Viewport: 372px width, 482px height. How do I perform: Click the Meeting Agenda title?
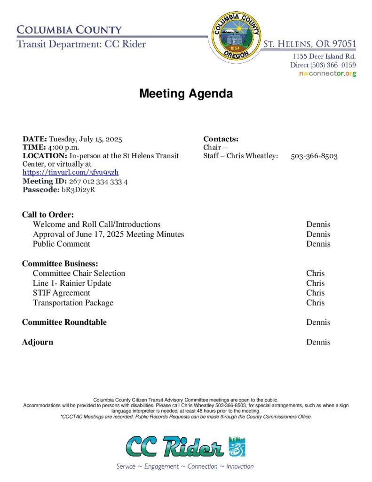[x=186, y=94]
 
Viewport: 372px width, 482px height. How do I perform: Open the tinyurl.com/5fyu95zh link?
[x=67, y=172]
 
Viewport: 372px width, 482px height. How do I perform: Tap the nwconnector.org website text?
[x=327, y=74]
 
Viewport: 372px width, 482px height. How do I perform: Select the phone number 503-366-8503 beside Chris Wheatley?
[x=314, y=156]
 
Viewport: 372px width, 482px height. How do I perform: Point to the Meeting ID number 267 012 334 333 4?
[x=98, y=181]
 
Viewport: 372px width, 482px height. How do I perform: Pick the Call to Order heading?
[x=48, y=215]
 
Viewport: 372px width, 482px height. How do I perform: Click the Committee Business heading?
[x=60, y=264]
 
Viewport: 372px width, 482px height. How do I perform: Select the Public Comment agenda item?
[x=61, y=244]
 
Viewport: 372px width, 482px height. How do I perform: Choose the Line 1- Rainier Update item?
[x=72, y=283]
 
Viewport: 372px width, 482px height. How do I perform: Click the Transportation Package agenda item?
[x=73, y=303]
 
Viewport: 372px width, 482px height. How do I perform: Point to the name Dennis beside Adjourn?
[x=318, y=342]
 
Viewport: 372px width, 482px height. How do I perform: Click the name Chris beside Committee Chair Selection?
[x=315, y=273]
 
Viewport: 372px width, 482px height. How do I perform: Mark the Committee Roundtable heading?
[x=64, y=322]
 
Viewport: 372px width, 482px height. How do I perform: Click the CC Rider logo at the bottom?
[x=185, y=447]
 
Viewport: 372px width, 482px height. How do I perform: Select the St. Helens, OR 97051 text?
[x=309, y=44]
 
